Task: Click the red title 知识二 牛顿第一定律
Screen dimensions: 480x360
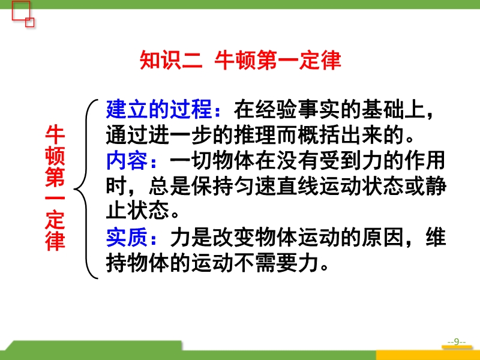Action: pos(241,60)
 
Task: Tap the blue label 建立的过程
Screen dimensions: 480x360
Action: pos(159,109)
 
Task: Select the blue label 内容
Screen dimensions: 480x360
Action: pos(127,161)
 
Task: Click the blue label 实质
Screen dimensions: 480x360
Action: pos(127,237)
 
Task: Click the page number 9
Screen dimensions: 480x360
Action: pos(457,341)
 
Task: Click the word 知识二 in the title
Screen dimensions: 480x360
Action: pos(171,60)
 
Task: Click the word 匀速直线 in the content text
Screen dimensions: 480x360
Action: pos(276,187)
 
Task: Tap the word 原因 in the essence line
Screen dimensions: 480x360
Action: pos(382,237)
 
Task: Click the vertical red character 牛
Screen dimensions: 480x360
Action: pos(55,134)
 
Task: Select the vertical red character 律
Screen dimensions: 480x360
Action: pos(55,241)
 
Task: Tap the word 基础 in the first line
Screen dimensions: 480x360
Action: pos(382,109)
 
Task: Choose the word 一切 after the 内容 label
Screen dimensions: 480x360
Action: pos(191,161)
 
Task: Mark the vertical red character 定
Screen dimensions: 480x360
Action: pos(55,220)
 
